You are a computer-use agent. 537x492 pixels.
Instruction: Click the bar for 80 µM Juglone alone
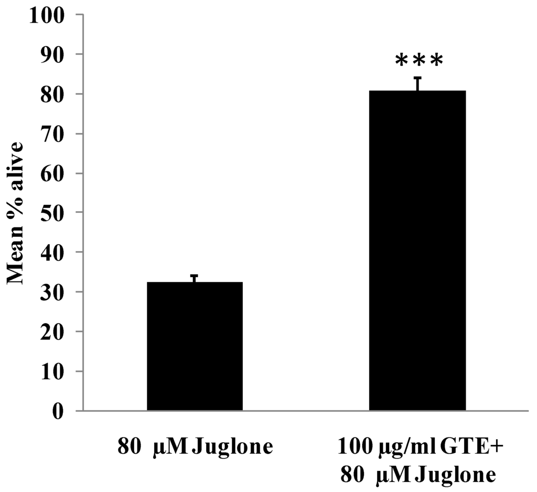click(195, 346)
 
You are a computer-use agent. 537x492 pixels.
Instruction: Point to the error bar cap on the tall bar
click(418, 78)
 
